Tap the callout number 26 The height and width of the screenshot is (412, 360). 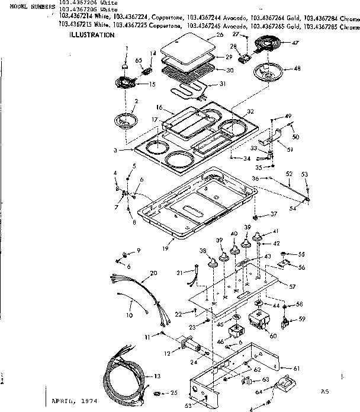(x=203, y=35)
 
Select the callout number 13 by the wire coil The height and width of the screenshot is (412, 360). (x=157, y=376)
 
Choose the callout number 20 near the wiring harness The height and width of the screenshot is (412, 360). (x=155, y=273)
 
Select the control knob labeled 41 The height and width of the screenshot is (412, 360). (x=259, y=238)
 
